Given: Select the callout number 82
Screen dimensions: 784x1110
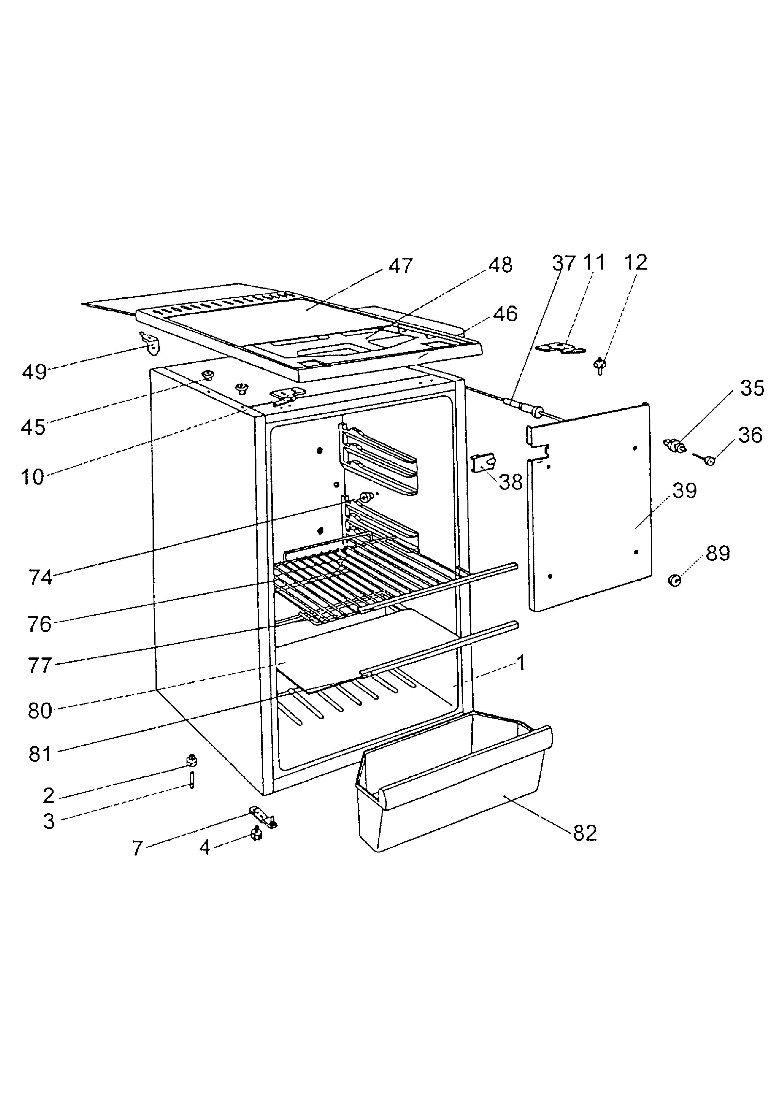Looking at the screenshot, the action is [x=585, y=833].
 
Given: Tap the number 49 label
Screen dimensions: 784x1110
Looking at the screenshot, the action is [x=34, y=372].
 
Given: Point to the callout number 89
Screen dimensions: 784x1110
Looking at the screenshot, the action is [x=718, y=554].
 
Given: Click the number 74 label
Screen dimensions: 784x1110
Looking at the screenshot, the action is [x=41, y=577].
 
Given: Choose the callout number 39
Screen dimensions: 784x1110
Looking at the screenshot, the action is [x=684, y=491].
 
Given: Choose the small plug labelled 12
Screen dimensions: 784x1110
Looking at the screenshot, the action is [x=600, y=366].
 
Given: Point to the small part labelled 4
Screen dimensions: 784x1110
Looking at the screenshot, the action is [x=256, y=834].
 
